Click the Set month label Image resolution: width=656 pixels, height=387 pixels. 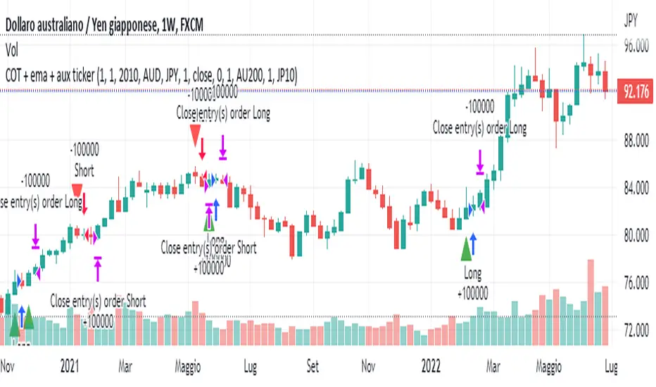click(x=313, y=367)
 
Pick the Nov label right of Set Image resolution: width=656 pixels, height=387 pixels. click(x=367, y=367)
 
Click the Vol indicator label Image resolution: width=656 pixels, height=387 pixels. click(x=12, y=51)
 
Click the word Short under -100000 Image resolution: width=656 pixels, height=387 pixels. click(x=84, y=171)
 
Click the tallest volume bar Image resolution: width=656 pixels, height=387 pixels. click(x=589, y=303)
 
